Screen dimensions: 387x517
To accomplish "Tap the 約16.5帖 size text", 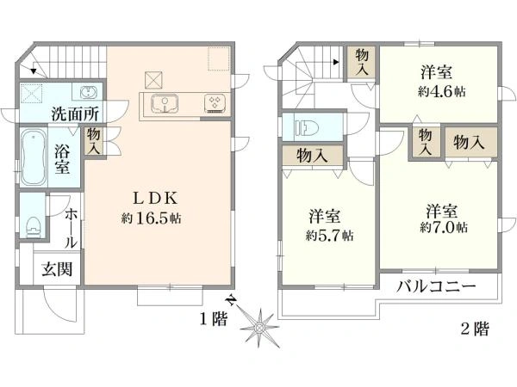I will tap(151, 219).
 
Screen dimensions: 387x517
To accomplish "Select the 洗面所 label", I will tap(73, 113).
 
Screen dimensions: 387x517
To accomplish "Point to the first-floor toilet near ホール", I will tap(34, 225).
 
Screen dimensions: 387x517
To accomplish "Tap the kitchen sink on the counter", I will tap(165, 104).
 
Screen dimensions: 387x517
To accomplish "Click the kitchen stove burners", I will tap(214, 104).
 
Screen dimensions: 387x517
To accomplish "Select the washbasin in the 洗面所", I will tap(88, 92).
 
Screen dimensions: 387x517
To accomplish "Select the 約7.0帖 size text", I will tap(444, 227).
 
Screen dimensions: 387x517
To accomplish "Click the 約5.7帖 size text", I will tap(328, 234).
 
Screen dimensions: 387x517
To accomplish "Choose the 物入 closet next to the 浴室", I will tap(93, 140).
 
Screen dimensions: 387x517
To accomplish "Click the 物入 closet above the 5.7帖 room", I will tap(311, 156).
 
